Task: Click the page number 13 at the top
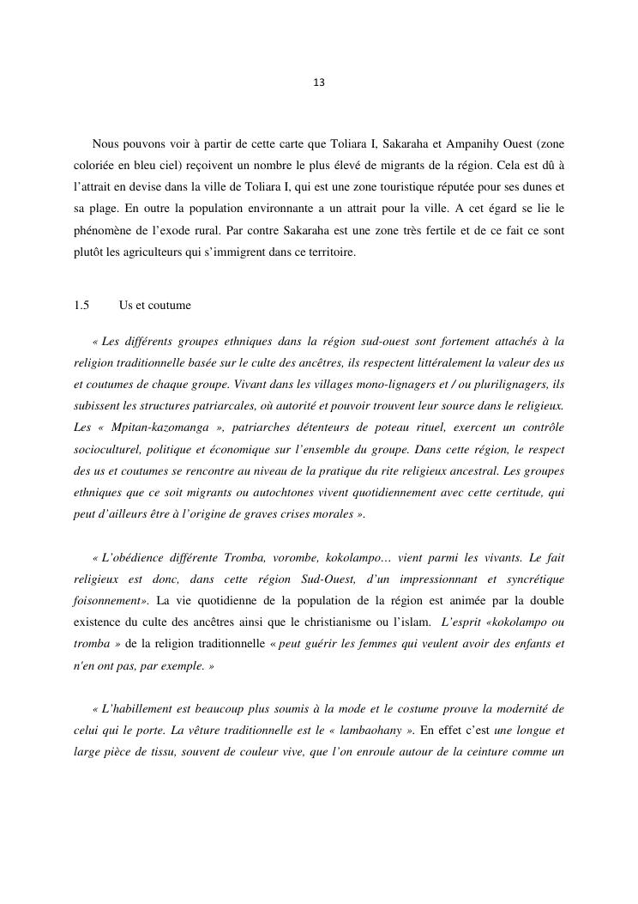[x=319, y=82]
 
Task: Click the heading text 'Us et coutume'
[x=155, y=306]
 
